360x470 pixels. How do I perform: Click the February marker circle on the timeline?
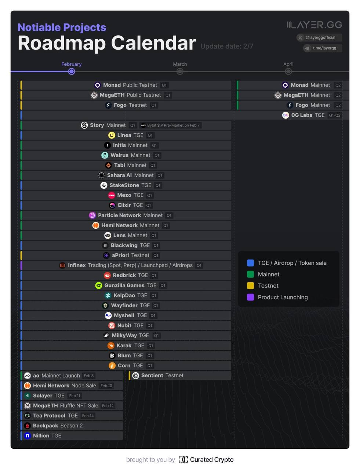72,71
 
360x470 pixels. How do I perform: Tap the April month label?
288,64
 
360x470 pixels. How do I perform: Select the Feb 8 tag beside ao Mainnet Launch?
89,376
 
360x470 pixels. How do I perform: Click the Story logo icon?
84,125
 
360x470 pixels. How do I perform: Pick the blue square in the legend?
251,263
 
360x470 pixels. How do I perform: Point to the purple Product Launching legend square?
251,297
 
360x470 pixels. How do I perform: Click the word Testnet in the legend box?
268,286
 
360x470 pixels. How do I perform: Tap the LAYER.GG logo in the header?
314,25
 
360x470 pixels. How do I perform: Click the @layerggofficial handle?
320,37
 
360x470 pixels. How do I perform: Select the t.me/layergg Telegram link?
324,48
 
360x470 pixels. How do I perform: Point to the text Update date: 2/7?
227,46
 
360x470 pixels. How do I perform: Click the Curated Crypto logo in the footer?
183,459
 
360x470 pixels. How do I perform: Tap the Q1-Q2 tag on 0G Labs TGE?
335,115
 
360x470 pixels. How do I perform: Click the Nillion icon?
27,436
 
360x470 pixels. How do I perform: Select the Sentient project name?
152,376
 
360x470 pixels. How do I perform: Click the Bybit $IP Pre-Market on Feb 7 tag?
170,126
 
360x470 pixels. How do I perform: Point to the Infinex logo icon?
62,265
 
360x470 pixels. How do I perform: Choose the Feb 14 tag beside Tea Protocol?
88,416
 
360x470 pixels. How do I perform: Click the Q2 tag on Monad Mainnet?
338,85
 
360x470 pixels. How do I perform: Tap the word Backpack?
46,426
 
